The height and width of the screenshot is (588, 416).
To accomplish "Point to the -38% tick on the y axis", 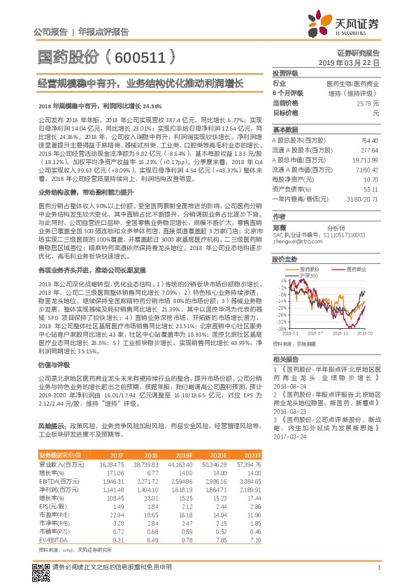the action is pos(279,328).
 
